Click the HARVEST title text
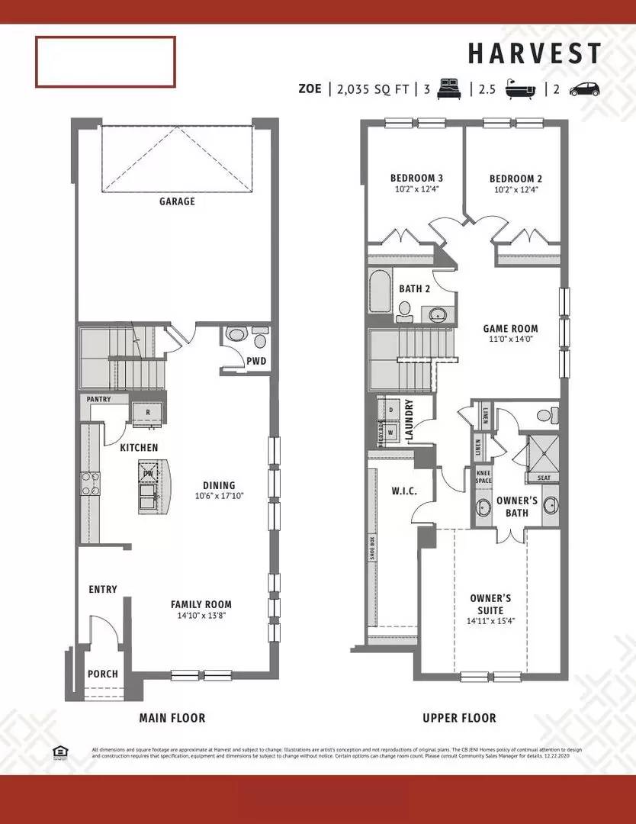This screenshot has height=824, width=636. pos(535,54)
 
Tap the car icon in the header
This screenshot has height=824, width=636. pos(584,89)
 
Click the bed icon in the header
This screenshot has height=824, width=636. pos(450,89)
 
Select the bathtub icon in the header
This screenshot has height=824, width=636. pos(520,89)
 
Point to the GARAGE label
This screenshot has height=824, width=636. pos(177,201)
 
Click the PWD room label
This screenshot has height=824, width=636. pos(255,361)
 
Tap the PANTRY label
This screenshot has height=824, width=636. pos(98,399)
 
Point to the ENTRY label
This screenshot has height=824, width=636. pos(103,589)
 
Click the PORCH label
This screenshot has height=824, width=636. pos(103,674)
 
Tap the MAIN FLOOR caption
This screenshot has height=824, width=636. pos(172,718)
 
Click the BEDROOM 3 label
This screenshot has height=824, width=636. pos(411,179)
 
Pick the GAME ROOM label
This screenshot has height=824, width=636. pos(509,330)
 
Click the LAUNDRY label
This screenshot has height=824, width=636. pos(409,420)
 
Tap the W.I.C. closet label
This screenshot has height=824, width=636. pos(404,491)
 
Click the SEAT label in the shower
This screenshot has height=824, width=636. pos(544,478)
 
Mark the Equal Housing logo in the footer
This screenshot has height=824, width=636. pos(59,752)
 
